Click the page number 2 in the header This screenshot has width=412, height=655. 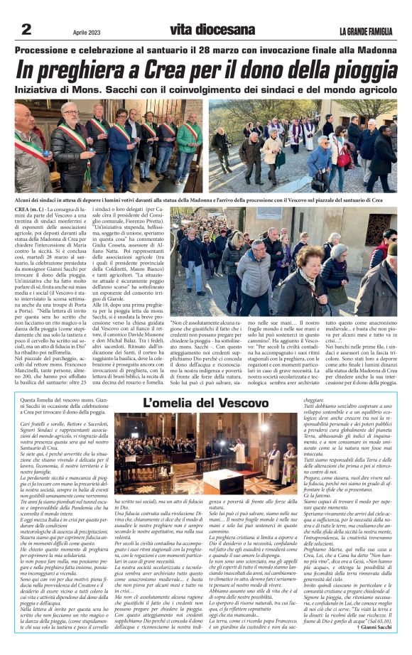(x=26, y=29)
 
